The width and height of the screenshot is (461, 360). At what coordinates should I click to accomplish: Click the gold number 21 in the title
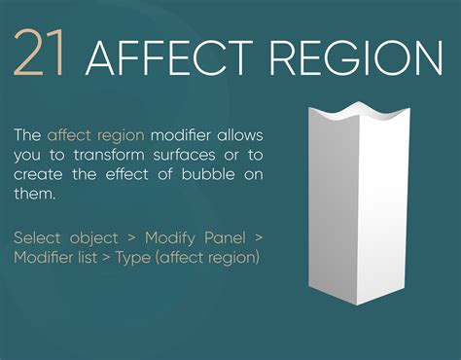coord(39,54)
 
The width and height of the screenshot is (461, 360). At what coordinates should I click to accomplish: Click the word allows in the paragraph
coord(240,134)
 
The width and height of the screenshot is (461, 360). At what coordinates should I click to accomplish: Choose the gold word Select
coord(38,236)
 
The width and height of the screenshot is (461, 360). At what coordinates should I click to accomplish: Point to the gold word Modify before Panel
coord(171,238)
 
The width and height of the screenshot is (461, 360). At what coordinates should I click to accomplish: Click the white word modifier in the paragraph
coord(182,134)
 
